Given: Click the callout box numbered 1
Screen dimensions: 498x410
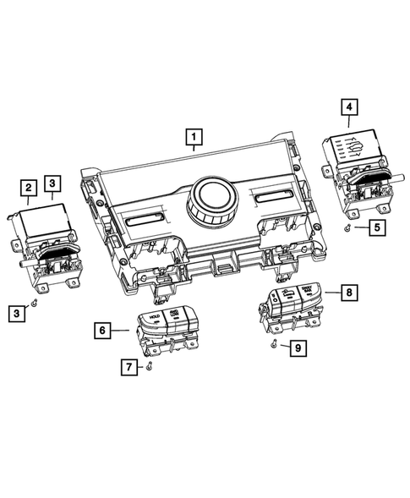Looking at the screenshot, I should coord(195,134).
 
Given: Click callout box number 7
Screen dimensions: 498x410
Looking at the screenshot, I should coord(129,366).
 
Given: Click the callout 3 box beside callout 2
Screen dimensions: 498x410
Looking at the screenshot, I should coord(52,183).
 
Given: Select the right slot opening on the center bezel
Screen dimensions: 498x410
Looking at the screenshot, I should coord(271,201).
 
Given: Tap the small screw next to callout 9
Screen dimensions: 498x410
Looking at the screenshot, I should coord(274,346).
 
